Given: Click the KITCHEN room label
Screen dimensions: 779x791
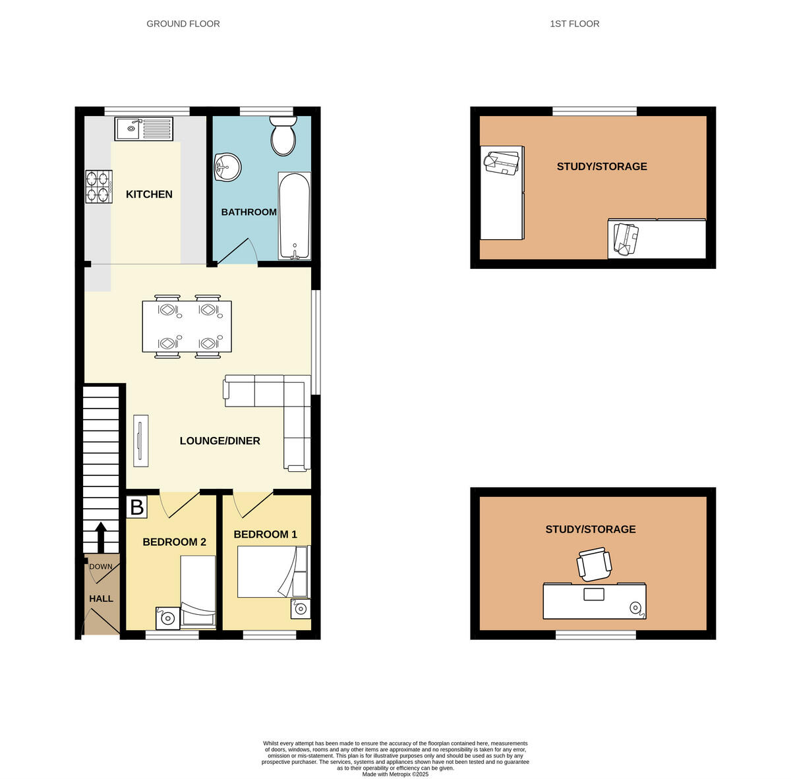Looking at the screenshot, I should tap(149, 194).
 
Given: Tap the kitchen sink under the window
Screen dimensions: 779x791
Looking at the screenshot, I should tap(144, 129).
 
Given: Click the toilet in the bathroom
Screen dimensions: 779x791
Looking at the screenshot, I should tap(283, 136).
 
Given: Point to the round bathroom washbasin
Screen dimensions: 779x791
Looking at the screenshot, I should tap(227, 167).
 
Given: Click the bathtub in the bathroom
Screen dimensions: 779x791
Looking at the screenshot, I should tap(294, 216).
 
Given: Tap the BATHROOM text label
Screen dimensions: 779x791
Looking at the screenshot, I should tap(249, 212).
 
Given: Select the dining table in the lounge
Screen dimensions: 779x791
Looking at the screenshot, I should tap(187, 326).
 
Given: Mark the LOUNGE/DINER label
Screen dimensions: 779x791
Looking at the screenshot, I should tap(220, 441).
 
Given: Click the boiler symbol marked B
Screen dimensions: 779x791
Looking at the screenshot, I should tap(137, 507).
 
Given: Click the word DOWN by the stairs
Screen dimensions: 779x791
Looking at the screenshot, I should tap(101, 567).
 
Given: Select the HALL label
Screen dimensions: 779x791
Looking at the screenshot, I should tap(101, 598).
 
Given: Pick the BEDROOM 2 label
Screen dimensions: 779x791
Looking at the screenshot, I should tap(174, 542).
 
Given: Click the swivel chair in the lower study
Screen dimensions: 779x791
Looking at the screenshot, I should tap(594, 564).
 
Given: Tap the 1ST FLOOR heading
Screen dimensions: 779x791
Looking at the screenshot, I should tap(574, 24).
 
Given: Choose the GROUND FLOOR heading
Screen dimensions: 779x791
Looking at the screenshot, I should tap(183, 24).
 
